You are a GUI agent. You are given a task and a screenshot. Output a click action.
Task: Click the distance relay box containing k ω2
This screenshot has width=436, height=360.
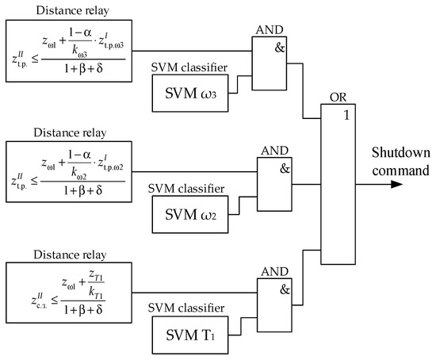66,170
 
